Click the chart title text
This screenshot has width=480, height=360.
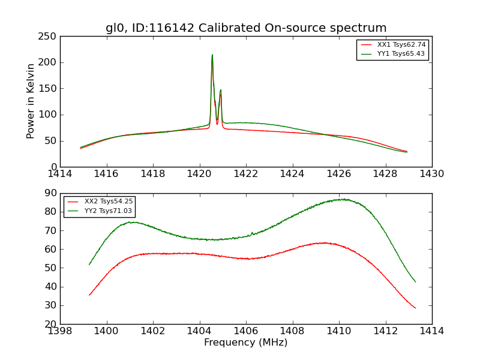click(246, 28)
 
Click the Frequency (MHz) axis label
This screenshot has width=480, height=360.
click(246, 343)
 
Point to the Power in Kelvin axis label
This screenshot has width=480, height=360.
click(31, 101)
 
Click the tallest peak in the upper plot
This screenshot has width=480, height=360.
click(212, 55)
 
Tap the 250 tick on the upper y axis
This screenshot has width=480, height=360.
click(50, 37)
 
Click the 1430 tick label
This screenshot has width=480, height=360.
click(431, 173)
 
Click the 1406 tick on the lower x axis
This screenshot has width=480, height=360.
click(246, 331)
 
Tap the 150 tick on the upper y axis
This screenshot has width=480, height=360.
click(50, 89)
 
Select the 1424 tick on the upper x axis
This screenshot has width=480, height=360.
click(292, 173)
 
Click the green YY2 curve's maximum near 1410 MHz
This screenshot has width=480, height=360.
click(342, 199)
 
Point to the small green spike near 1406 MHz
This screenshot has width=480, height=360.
click(252, 232)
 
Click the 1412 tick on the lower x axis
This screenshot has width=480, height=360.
click(385, 331)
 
